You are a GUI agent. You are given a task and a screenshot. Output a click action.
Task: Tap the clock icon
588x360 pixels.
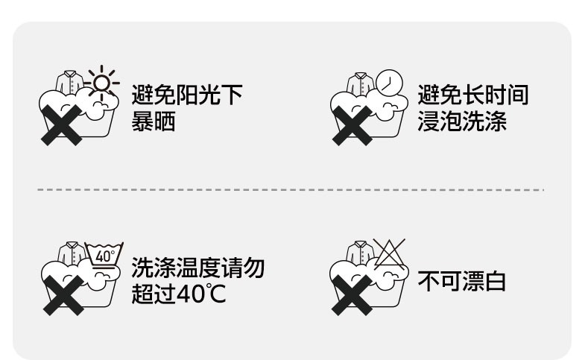pyautogui.click(x=388, y=81)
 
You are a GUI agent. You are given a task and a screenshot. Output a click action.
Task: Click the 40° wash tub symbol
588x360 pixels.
pyautogui.click(x=104, y=256)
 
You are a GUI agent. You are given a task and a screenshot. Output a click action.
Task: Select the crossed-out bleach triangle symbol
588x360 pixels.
pyautogui.click(x=389, y=254)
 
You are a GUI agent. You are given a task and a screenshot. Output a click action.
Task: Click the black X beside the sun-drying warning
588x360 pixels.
pyautogui.click(x=60, y=124)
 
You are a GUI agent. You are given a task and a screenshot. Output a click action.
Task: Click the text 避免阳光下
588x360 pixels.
pyautogui.click(x=187, y=95)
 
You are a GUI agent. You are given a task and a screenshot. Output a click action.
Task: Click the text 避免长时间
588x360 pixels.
pyautogui.click(x=473, y=95)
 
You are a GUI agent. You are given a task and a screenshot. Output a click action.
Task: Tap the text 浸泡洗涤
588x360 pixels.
pyautogui.click(x=462, y=121)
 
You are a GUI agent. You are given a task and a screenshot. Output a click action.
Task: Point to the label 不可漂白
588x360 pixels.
pyautogui.click(x=461, y=282)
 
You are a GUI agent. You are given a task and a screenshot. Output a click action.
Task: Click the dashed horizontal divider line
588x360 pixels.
pyautogui.click(x=291, y=190)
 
